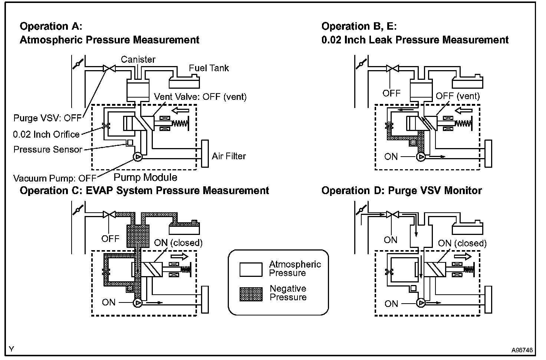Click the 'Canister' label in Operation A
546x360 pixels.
[x=138, y=59]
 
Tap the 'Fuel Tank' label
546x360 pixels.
[x=209, y=68]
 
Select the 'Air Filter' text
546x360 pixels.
[x=229, y=156]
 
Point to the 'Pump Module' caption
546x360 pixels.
[x=145, y=177]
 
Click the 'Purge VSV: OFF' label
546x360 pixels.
[x=47, y=118]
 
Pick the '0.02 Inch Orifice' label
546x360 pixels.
[x=46, y=134]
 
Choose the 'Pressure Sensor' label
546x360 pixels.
[x=48, y=150]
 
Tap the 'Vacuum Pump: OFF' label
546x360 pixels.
[x=55, y=178]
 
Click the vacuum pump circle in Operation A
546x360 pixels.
[x=137, y=157]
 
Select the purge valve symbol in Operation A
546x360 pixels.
[x=109, y=68]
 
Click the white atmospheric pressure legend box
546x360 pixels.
[x=251, y=269]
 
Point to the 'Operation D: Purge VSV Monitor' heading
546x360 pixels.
[x=401, y=191]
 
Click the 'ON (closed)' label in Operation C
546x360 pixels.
[x=178, y=243]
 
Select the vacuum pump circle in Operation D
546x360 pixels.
[x=420, y=303]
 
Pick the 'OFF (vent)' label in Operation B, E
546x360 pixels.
[x=458, y=96]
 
